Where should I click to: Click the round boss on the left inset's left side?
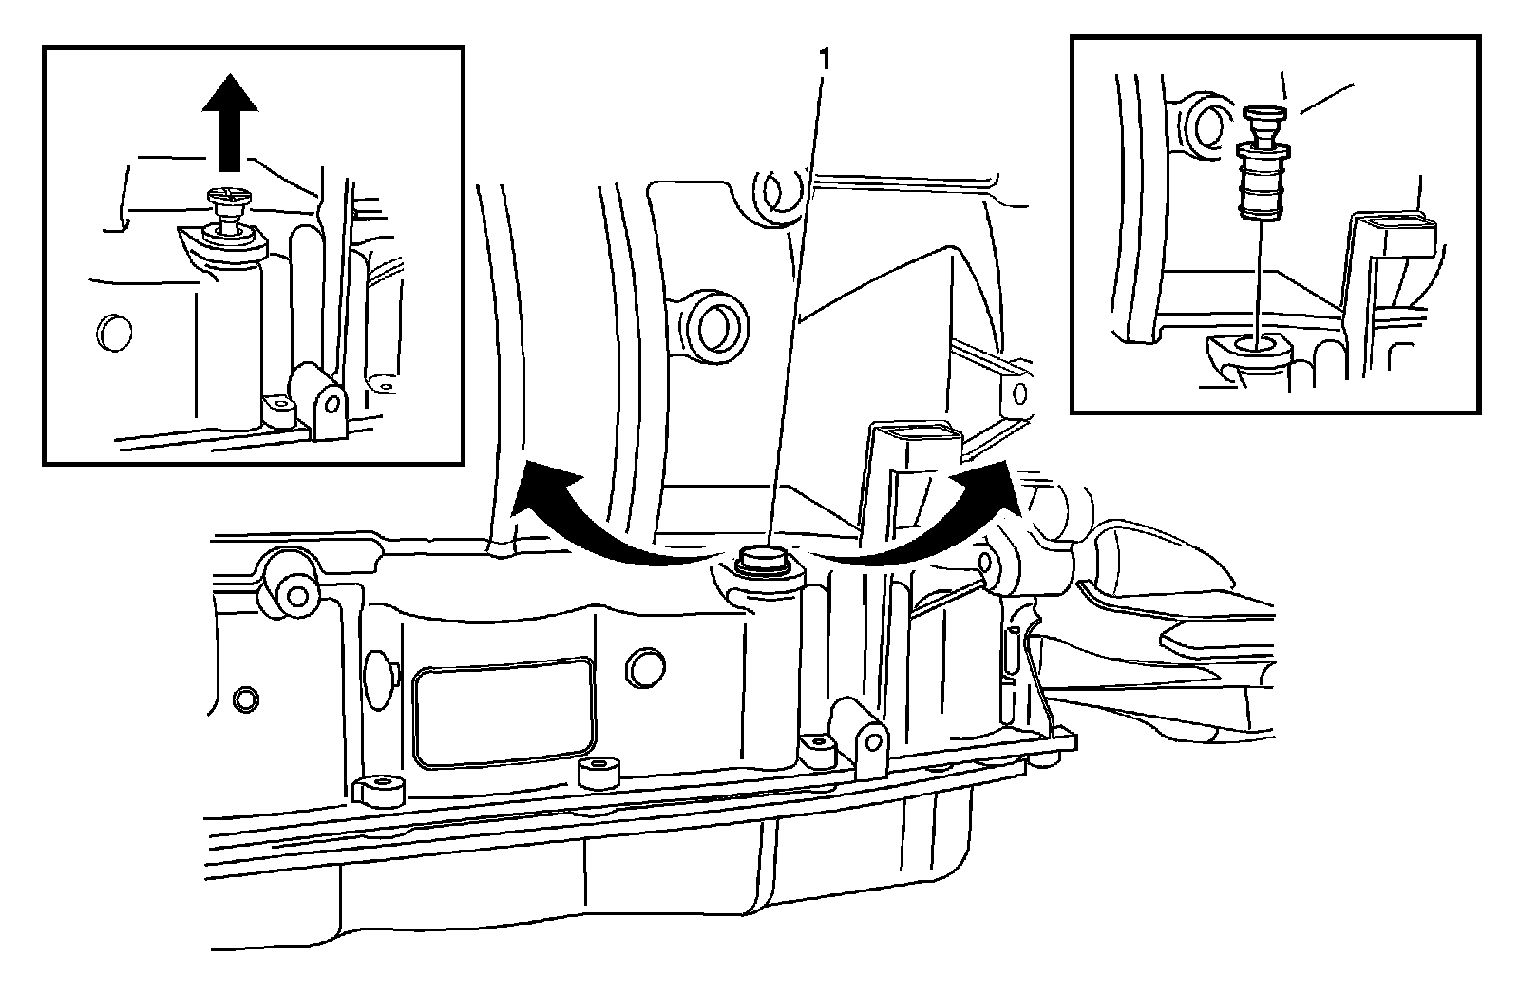click(x=113, y=332)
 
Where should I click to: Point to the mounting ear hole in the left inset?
click(x=330, y=403)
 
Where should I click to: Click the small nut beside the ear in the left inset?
click(x=279, y=410)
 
